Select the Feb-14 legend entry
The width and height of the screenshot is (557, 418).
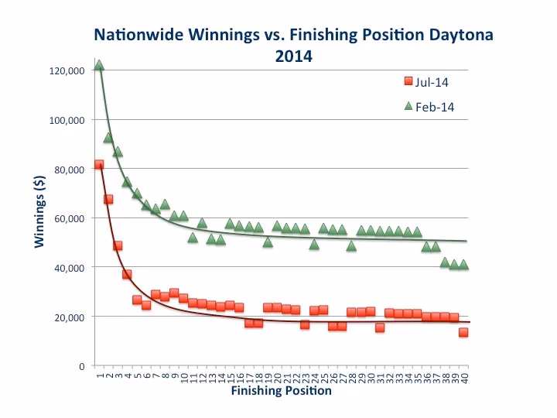click(x=433, y=107)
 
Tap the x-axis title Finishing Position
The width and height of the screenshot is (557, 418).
click(x=281, y=391)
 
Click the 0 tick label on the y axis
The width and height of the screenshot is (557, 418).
click(x=80, y=365)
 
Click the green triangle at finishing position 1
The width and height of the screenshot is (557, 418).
click(x=99, y=65)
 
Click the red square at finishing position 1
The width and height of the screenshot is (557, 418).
click(x=99, y=165)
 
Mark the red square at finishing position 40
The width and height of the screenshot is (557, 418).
click(x=463, y=332)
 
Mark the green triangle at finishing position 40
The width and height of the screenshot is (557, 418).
click(x=463, y=264)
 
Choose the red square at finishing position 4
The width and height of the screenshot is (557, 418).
click(x=127, y=274)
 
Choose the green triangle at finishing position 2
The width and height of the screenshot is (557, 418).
click(x=108, y=138)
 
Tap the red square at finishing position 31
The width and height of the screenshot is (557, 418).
click(x=380, y=327)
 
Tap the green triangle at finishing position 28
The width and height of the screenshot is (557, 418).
click(x=351, y=246)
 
